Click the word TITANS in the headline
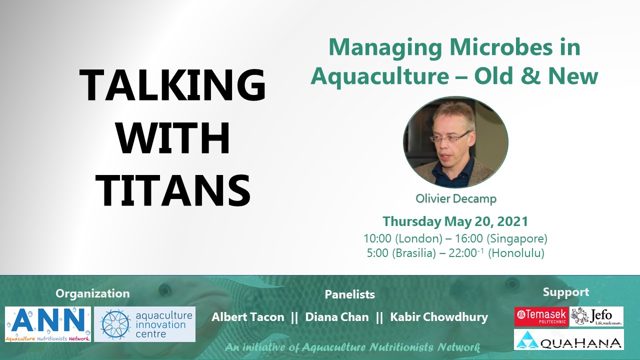[x=173, y=190]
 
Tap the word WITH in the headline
[x=173, y=138]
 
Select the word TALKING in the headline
[x=172, y=85]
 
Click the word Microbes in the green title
[x=501, y=47]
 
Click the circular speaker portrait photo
[x=455, y=142]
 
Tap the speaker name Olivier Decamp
[x=456, y=198]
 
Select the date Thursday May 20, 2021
[x=455, y=221]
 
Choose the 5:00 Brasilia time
[x=401, y=253]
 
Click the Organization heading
[x=92, y=293]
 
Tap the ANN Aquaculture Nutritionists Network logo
[x=48, y=324]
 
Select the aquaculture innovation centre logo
[x=145, y=324]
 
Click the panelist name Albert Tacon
[x=248, y=317]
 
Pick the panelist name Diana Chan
[x=337, y=317]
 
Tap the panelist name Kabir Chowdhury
[x=439, y=317]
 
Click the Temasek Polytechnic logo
[x=541, y=316]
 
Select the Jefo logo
[x=596, y=316]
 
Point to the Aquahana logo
[x=569, y=339]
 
